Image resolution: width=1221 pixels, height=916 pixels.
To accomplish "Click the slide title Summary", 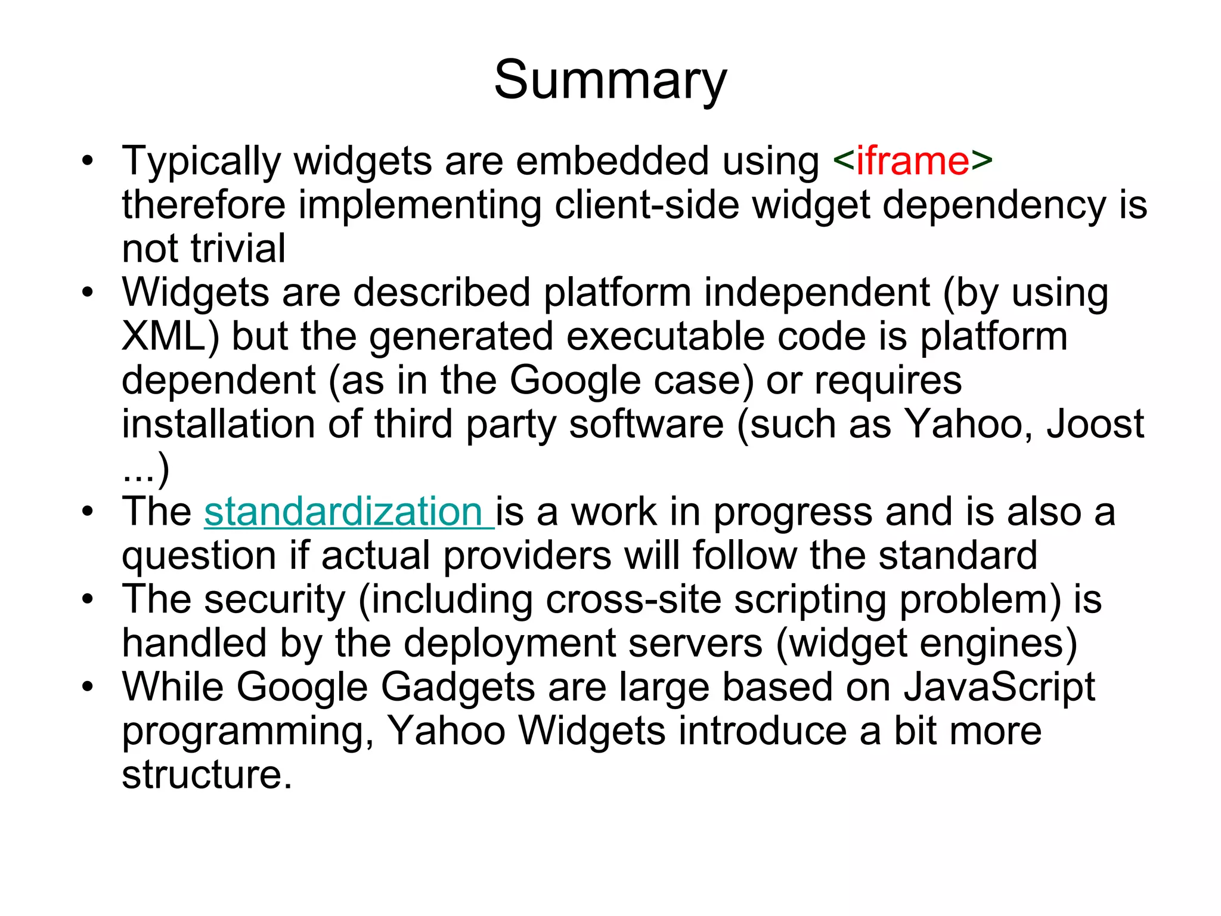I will tap(610, 81).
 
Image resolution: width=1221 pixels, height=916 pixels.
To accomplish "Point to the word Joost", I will tap(1095, 424).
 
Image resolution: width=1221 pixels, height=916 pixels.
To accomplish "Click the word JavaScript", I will tap(999, 687).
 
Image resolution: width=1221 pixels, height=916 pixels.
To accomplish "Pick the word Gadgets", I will tap(458, 687).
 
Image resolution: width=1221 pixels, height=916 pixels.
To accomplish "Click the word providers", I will tap(528, 556).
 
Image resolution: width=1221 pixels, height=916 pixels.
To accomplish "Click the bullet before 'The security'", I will tap(88, 599).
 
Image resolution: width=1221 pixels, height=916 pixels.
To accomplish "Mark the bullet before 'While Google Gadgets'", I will tap(88, 687).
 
